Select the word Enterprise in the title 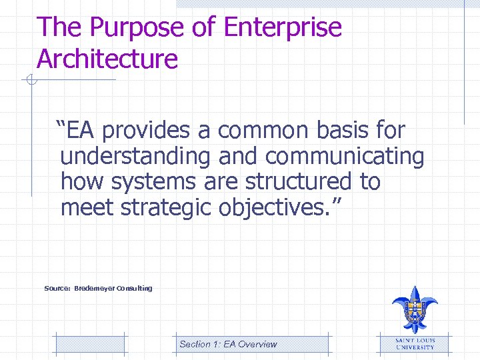(283, 28)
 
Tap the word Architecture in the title (107, 59)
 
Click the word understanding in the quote (135, 157)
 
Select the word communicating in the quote (345, 157)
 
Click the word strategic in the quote (167, 208)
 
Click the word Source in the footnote (57, 288)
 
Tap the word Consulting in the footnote (134, 288)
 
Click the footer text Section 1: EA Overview (228, 344)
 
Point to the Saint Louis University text (415, 343)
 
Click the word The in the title (59, 28)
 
